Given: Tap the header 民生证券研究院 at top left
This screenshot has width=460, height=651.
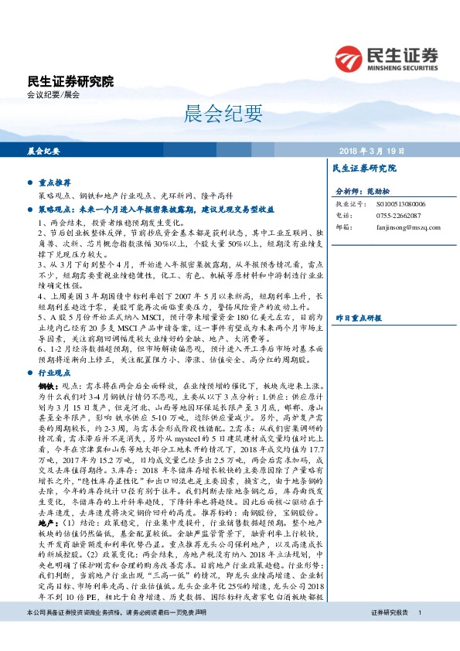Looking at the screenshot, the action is tap(70, 81).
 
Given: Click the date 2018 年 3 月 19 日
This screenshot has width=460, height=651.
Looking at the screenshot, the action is tap(373, 152).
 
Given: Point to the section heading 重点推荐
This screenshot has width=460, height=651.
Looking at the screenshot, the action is tap(54, 183).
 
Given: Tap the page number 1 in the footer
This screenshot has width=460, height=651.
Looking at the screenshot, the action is tap(418, 634).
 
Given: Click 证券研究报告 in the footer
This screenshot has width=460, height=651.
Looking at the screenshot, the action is tap(389, 634).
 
